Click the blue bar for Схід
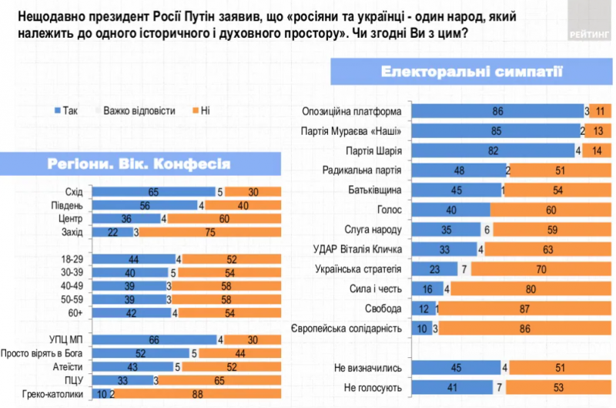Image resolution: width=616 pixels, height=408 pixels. [x=153, y=192]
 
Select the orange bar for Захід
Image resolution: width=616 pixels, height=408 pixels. [x=210, y=231]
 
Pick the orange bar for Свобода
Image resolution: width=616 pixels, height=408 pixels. [x=525, y=309]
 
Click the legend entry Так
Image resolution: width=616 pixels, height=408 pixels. [x=65, y=110]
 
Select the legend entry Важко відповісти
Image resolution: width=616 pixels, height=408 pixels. [x=134, y=110]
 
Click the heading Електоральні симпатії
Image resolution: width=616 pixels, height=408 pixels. [x=472, y=72]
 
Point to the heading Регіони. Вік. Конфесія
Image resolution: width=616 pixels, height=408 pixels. [x=139, y=164]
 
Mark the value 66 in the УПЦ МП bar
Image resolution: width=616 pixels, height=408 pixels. [x=155, y=340]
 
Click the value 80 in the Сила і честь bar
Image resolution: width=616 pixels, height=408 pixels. [x=531, y=288]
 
